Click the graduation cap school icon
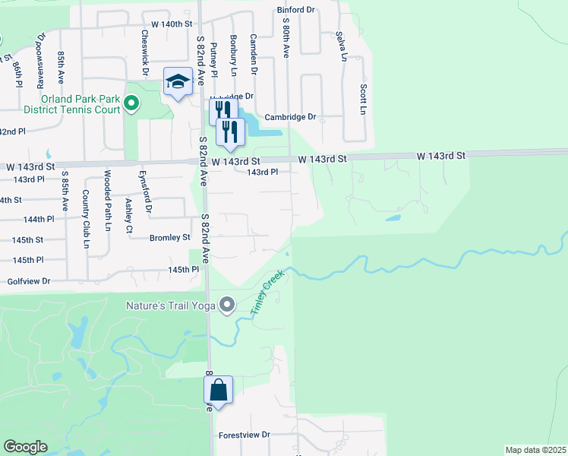click(x=178, y=82)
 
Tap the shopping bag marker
click(x=218, y=391)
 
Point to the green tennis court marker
click(x=131, y=102)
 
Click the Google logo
click(x=25, y=447)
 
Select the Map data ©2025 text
click(x=535, y=450)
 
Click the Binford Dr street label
click(x=296, y=10)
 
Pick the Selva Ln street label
click(x=342, y=46)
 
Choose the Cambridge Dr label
click(x=289, y=117)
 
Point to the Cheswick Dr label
click(x=144, y=52)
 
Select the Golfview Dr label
click(x=28, y=281)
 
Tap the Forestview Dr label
click(x=244, y=435)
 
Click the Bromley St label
click(x=169, y=237)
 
